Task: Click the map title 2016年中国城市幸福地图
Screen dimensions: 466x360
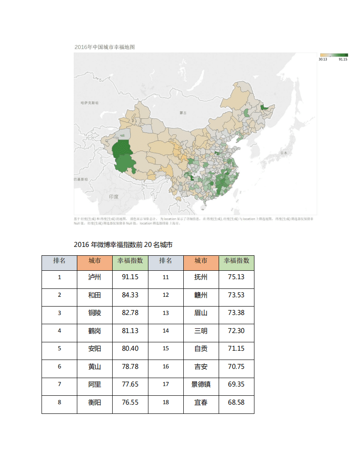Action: (104, 47)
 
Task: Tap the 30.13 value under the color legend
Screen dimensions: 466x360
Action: (322, 59)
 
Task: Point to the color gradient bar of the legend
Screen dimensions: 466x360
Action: (333, 55)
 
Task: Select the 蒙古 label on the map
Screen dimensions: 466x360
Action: (183, 113)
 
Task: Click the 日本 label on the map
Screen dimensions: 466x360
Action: (284, 153)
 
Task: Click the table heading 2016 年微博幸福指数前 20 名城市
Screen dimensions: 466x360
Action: (123, 245)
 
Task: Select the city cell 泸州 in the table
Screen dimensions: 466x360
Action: (95, 277)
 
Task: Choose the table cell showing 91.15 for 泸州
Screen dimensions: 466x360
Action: (130, 277)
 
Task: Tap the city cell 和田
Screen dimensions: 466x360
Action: (95, 295)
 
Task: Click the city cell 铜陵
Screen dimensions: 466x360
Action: (95, 313)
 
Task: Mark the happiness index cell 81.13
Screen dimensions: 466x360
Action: (130, 331)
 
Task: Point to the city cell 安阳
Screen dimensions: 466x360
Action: (95, 349)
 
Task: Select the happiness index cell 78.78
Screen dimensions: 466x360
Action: (130, 367)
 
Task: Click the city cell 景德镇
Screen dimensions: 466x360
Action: (201, 384)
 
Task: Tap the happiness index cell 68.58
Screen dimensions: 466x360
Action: (236, 402)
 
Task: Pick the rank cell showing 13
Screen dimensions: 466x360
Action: (166, 313)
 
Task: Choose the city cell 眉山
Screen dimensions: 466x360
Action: (201, 313)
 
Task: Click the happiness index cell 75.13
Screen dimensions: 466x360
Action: (236, 277)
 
